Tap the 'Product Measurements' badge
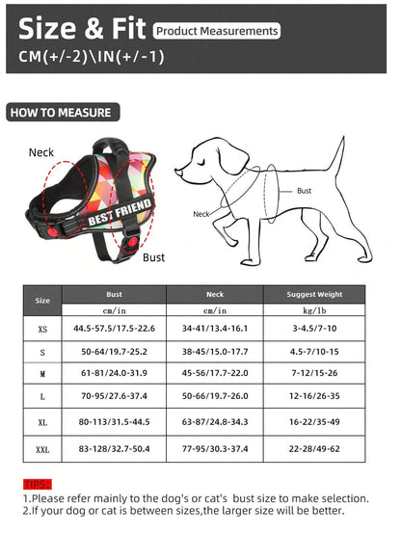click(217, 31)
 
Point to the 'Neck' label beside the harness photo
click(41, 152)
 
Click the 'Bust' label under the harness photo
click(153, 257)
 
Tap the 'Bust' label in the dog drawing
click(304, 191)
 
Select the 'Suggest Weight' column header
click(314, 295)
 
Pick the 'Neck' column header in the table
click(215, 295)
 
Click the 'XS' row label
click(42, 329)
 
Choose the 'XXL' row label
click(42, 450)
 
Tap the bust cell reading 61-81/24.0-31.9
click(114, 372)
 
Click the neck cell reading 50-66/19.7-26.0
click(215, 395)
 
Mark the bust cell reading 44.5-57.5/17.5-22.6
click(114, 329)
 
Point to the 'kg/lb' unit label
click(314, 310)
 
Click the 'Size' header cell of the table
click(42, 301)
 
